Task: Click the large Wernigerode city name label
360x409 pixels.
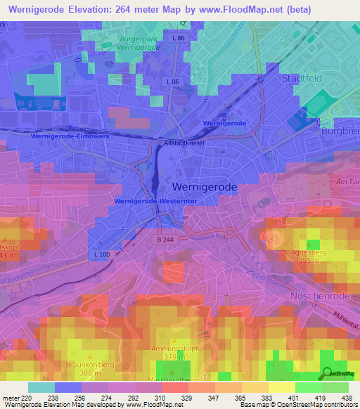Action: click(x=205, y=188)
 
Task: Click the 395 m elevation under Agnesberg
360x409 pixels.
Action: click(x=305, y=261)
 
